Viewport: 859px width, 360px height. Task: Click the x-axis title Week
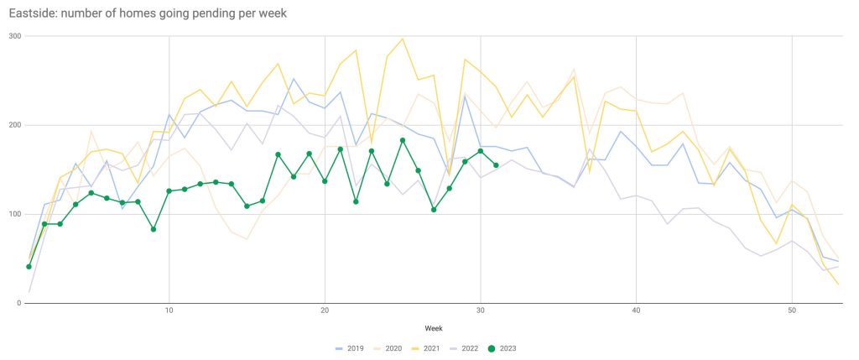(x=434, y=328)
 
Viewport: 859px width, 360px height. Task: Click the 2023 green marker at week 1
(x=29, y=267)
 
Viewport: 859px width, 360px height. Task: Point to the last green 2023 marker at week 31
(x=496, y=165)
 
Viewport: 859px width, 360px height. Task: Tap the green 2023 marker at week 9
(x=154, y=229)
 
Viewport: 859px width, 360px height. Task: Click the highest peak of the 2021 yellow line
(x=403, y=39)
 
